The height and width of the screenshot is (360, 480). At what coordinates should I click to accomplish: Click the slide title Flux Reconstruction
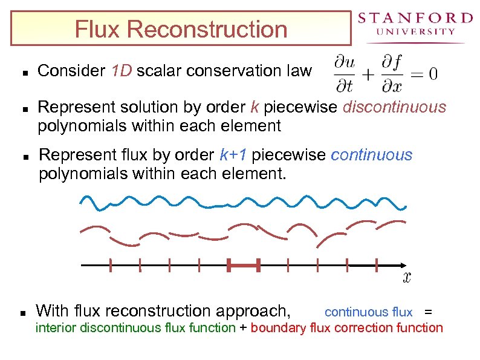click(x=181, y=29)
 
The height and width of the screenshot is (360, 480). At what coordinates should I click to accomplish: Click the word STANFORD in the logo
click(x=415, y=18)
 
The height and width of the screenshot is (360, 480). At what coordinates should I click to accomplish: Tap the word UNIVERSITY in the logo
click(x=415, y=31)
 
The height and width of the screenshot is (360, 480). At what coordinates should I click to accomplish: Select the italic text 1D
click(x=122, y=71)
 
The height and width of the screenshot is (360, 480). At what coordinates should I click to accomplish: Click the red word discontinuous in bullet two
click(x=394, y=108)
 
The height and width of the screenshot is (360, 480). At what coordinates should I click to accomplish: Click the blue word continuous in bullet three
click(x=371, y=155)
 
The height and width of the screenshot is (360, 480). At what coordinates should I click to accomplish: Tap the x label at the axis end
click(x=407, y=278)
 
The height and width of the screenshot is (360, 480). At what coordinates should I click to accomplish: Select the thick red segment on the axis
click(x=244, y=265)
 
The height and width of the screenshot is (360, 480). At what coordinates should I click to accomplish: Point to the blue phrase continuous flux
click(x=368, y=312)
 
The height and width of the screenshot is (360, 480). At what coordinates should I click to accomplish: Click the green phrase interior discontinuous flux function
click(x=135, y=328)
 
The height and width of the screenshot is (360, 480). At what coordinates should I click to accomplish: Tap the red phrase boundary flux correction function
click(x=346, y=328)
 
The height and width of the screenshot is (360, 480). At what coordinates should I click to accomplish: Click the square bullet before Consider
click(x=22, y=72)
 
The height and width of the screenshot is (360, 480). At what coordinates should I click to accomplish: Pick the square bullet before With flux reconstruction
click(x=22, y=313)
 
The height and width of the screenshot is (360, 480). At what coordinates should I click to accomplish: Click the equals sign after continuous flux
click(x=428, y=312)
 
